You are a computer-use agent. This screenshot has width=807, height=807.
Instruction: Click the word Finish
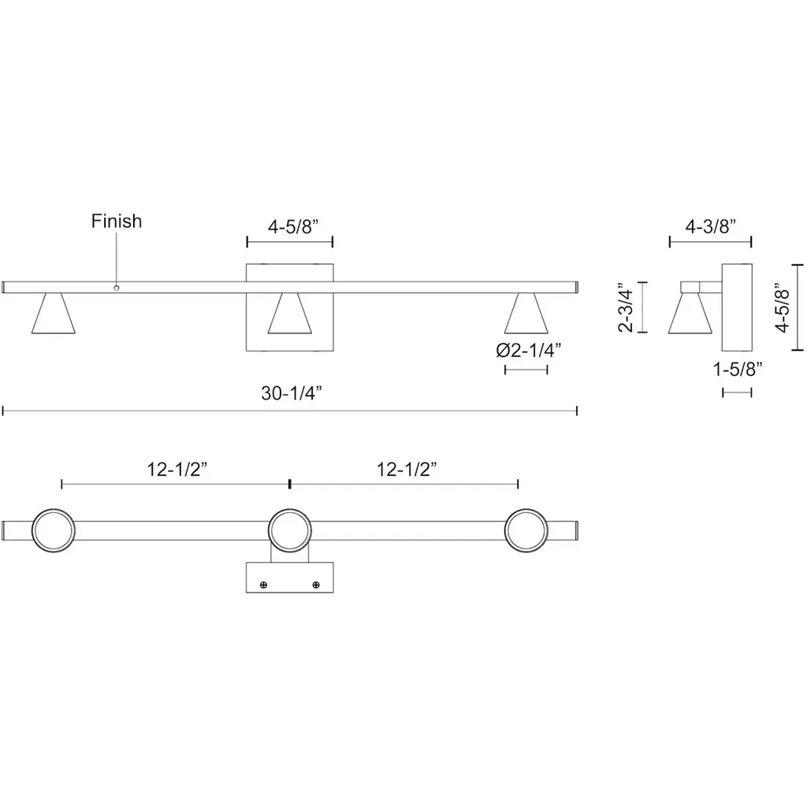(x=117, y=221)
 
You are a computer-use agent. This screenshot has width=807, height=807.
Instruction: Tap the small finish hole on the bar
(x=117, y=288)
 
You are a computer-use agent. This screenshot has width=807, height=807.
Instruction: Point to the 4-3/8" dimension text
(x=710, y=226)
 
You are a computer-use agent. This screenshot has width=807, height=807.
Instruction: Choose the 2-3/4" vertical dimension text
(x=627, y=307)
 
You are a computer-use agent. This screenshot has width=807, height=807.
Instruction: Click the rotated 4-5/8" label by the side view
(x=783, y=307)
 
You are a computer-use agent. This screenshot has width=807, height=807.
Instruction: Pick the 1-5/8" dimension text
(x=737, y=369)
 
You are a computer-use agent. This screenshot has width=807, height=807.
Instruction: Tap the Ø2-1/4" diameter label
(x=528, y=351)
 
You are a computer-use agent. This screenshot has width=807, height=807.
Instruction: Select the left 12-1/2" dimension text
(x=177, y=470)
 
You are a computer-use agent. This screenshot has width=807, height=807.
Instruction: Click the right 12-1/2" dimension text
(x=407, y=470)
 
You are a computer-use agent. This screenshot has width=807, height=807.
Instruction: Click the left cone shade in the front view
(x=54, y=313)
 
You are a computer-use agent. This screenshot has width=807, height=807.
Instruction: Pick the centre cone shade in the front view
(x=290, y=313)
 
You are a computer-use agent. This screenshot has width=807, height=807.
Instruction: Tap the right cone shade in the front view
(x=526, y=313)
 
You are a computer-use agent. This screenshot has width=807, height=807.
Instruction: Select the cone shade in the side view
(x=690, y=313)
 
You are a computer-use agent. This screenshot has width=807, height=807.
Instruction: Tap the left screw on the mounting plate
(x=263, y=585)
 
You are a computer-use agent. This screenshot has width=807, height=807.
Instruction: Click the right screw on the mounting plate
(x=316, y=585)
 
